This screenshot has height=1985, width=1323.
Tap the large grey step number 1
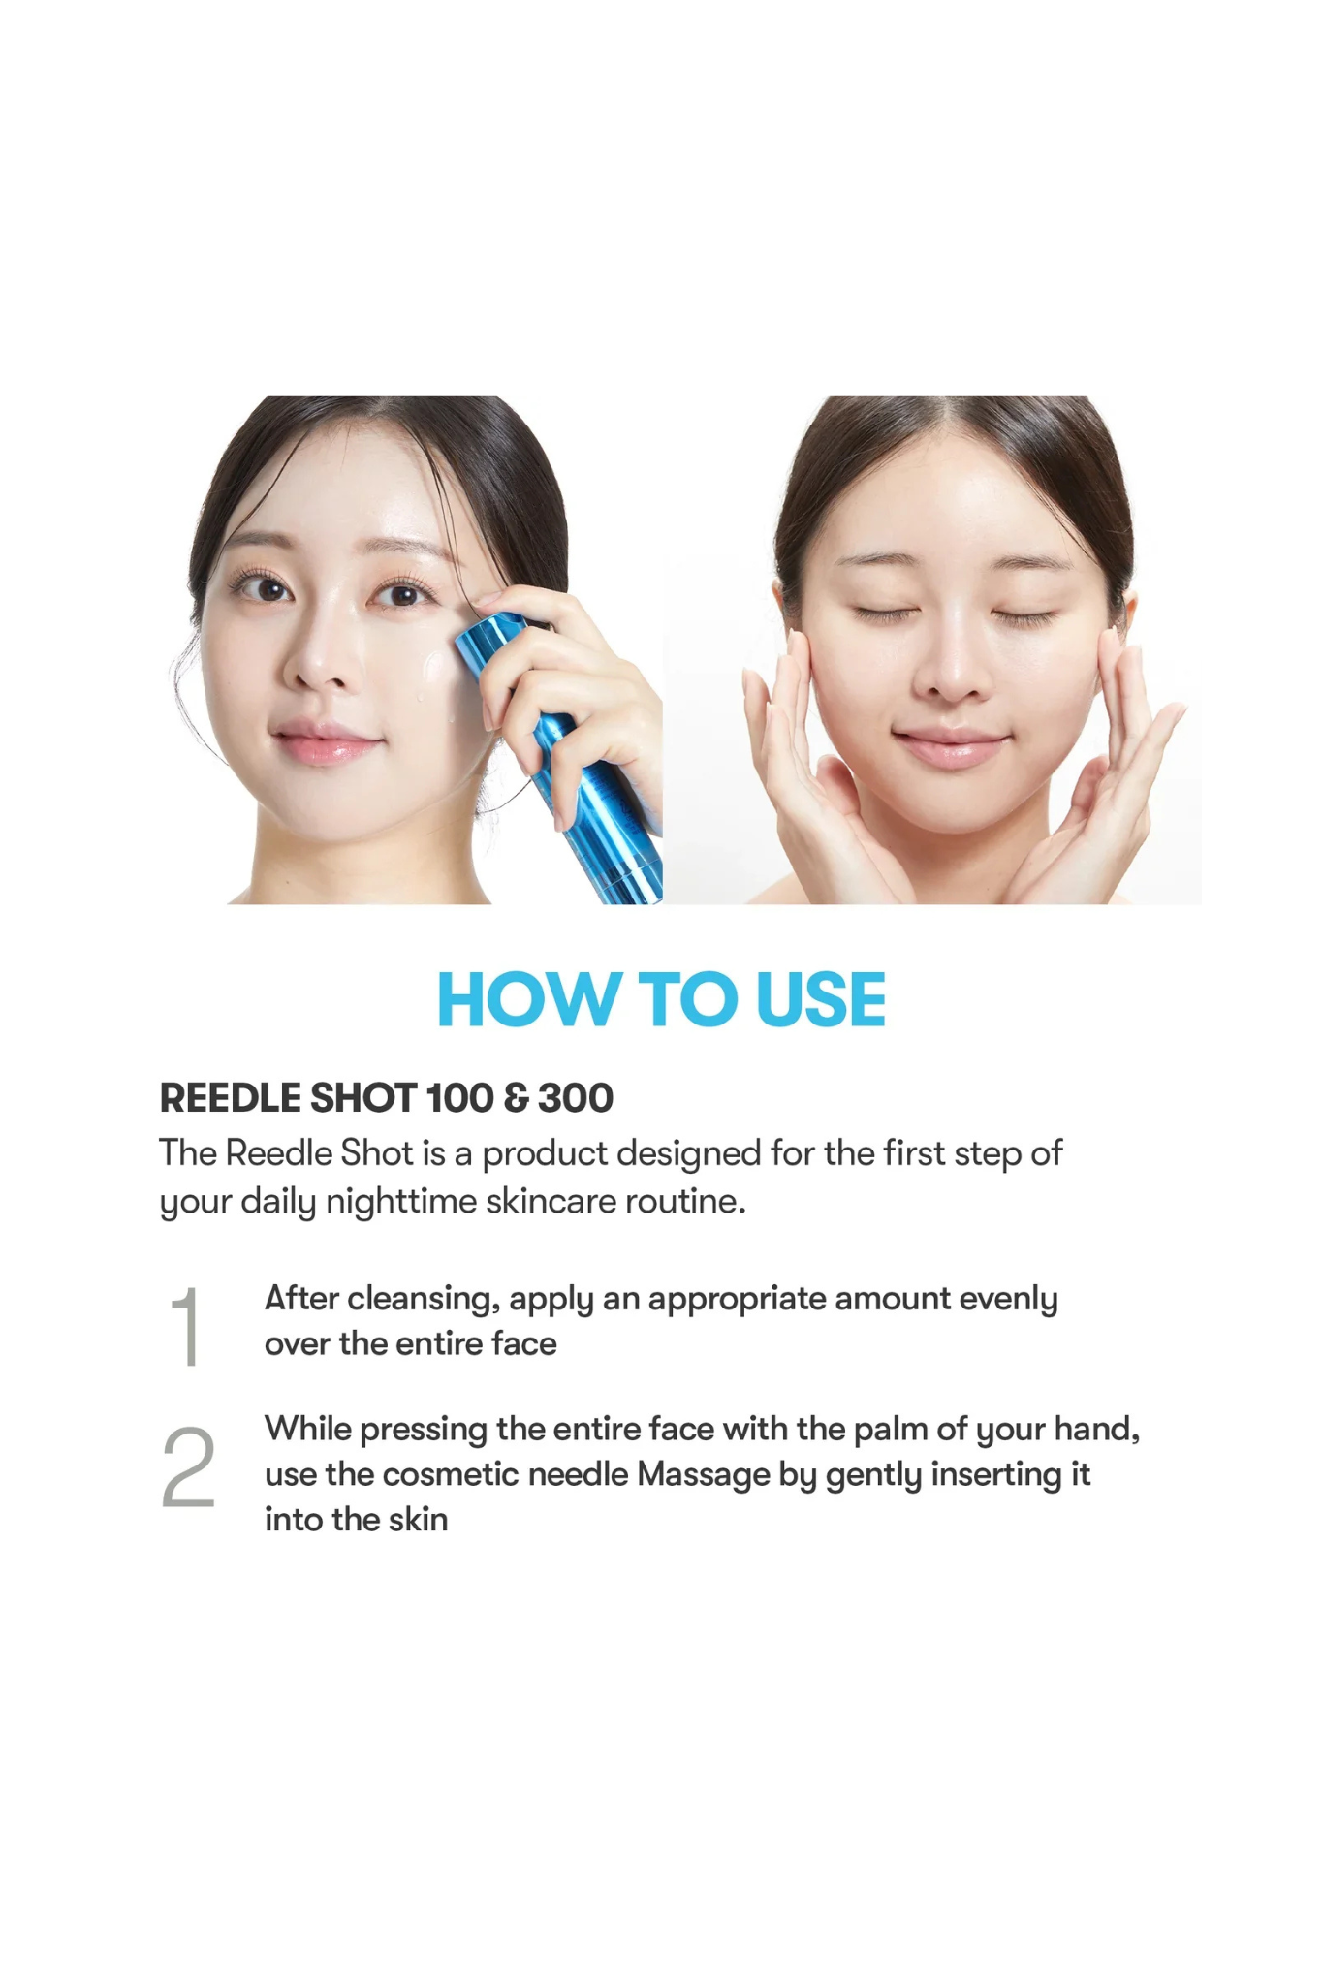click(185, 1326)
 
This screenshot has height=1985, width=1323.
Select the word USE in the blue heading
click(821, 999)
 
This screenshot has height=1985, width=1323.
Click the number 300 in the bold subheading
click(576, 1098)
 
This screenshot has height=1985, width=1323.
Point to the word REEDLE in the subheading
click(231, 1098)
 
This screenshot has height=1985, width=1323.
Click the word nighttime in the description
click(401, 1202)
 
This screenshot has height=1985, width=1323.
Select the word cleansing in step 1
click(424, 1300)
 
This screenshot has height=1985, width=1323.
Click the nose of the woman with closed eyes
click(952, 669)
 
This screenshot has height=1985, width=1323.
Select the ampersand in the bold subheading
click(517, 1098)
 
